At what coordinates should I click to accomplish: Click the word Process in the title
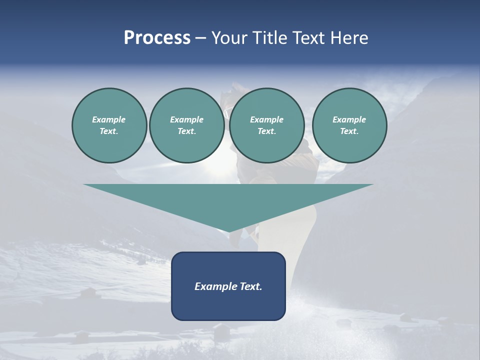(157, 38)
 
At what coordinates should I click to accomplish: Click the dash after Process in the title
(200, 38)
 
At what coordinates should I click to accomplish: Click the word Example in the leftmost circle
(109, 119)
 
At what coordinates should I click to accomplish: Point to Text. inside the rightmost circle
(349, 131)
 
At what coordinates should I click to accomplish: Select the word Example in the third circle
(266, 119)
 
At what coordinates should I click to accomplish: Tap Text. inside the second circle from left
(187, 131)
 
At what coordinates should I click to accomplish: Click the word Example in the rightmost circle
(349, 119)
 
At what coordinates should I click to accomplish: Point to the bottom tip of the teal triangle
(229, 231)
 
